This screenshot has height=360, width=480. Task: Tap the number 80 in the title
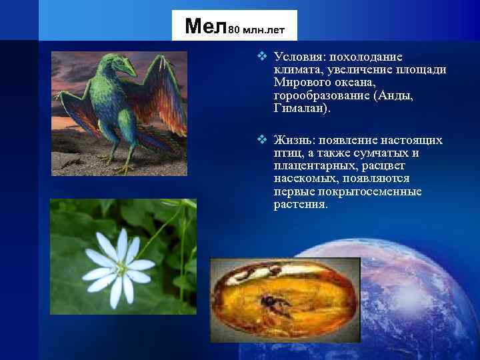[237, 29]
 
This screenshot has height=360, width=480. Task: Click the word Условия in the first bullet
[296, 58]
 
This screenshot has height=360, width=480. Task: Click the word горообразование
[321, 96]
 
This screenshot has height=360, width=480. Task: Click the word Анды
[395, 96]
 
